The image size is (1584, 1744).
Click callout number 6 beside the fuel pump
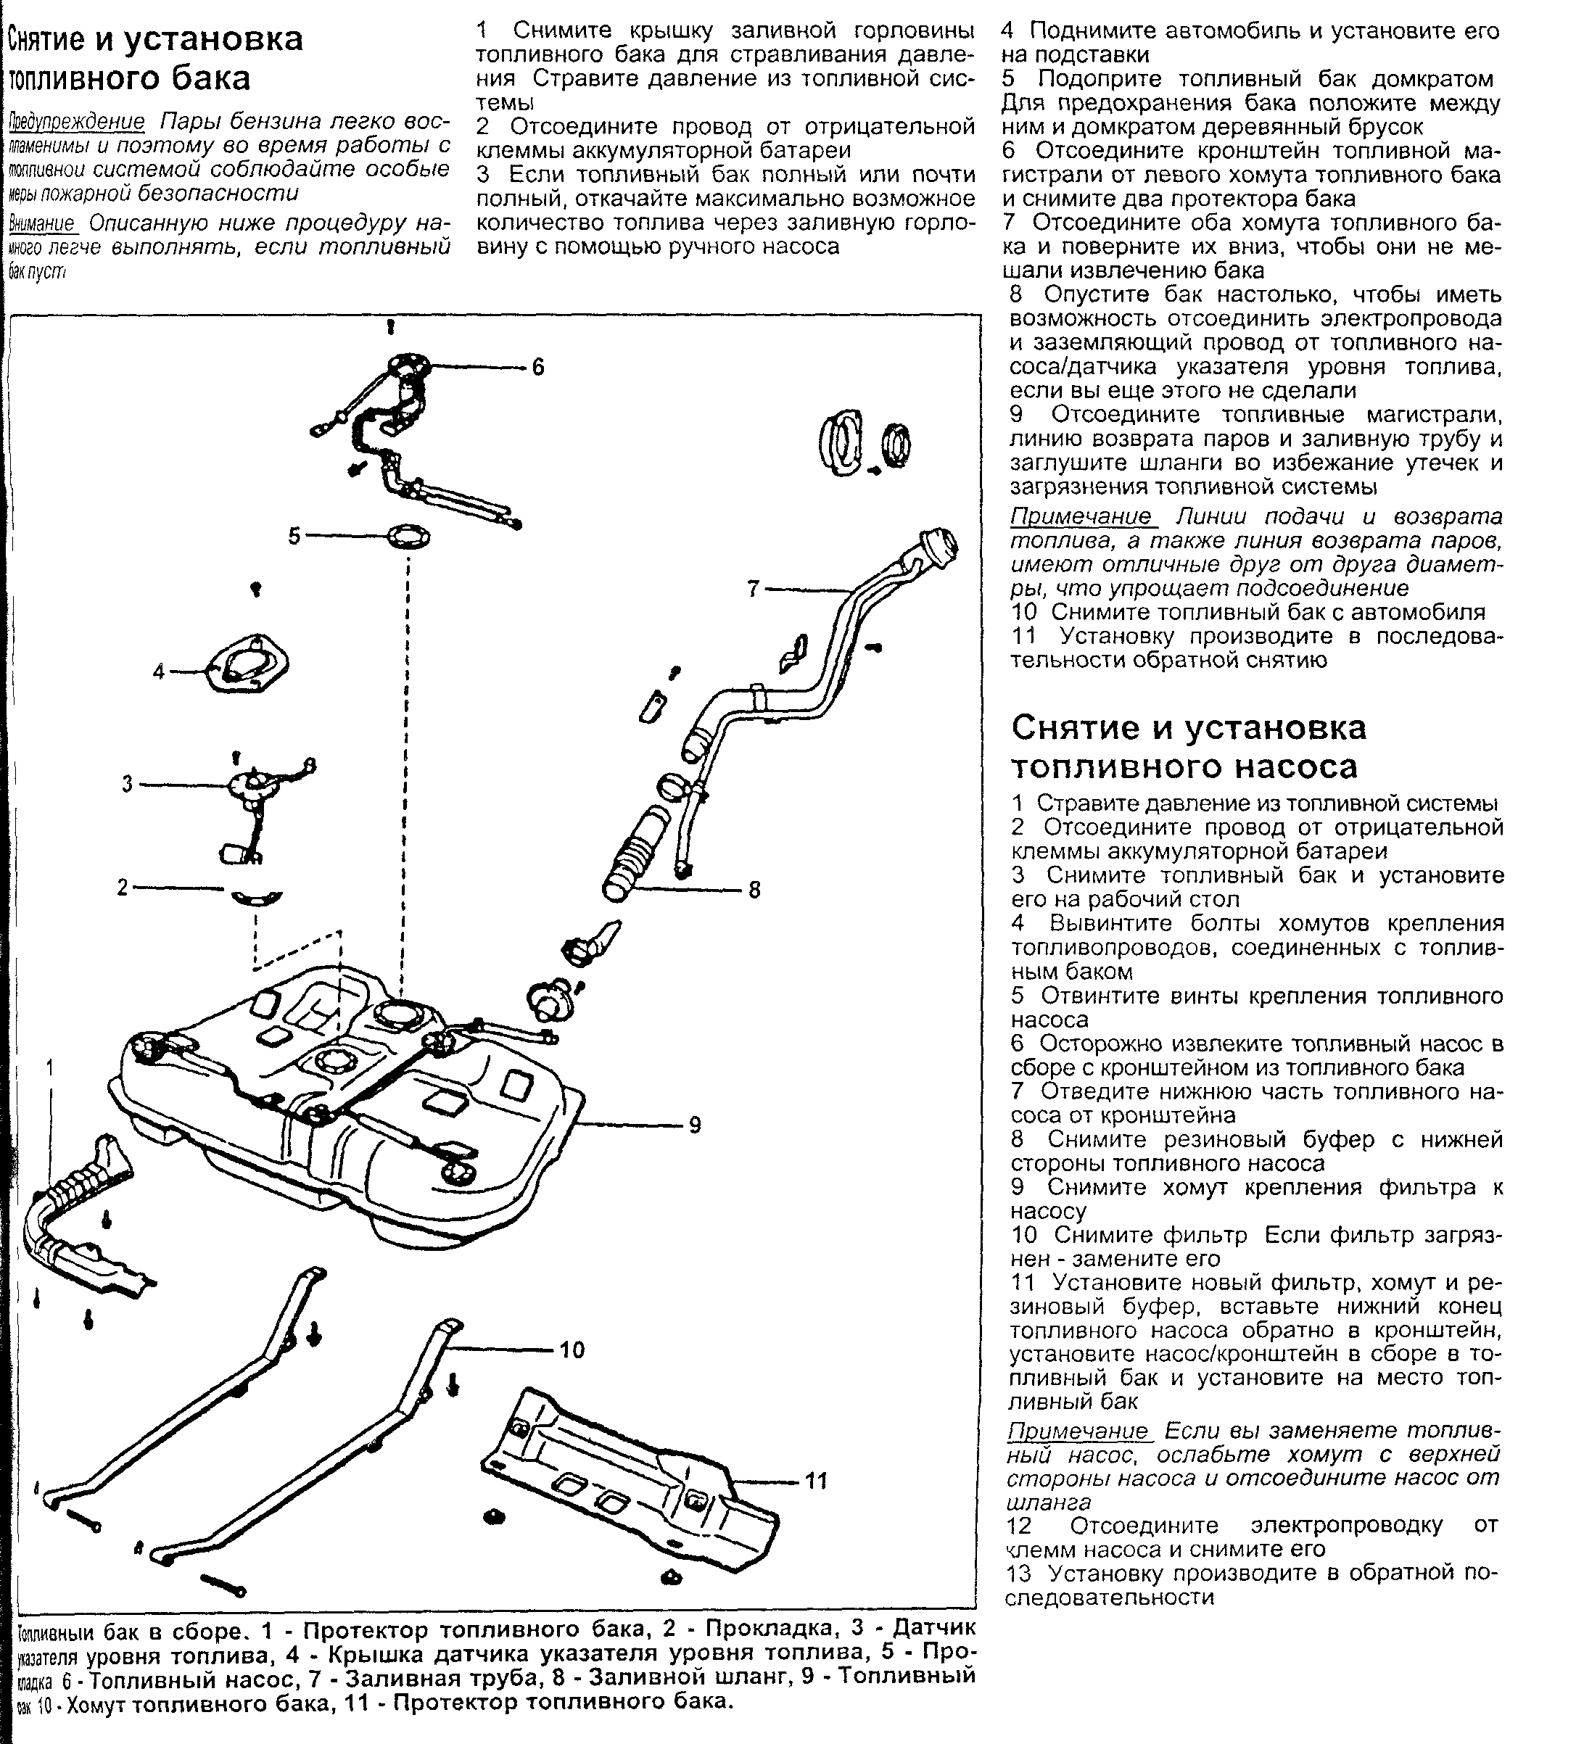(538, 368)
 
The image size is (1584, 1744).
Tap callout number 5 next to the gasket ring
(294, 537)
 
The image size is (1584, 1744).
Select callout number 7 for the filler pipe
(754, 589)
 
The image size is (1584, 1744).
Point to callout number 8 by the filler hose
(754, 889)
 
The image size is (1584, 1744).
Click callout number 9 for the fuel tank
(695, 1125)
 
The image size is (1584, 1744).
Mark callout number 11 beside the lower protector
(816, 1481)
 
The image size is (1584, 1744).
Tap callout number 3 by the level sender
(127, 785)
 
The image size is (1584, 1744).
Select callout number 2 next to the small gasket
(123, 887)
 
